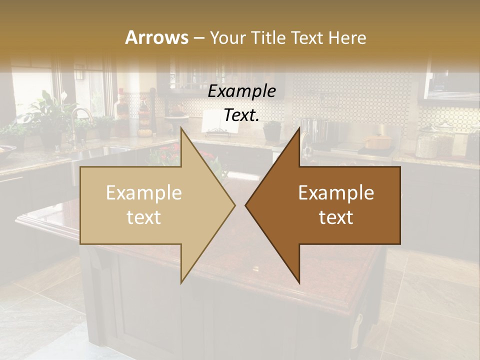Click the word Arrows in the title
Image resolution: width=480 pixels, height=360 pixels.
point(156,37)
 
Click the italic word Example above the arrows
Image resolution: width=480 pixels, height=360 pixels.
point(241,91)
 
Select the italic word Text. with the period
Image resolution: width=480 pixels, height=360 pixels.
point(241,115)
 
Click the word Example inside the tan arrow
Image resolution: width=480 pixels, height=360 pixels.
point(143,193)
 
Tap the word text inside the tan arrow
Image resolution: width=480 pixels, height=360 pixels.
point(143,217)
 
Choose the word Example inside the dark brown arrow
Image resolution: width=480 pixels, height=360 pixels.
point(336,193)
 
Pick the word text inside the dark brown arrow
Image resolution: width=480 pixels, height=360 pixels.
point(336,217)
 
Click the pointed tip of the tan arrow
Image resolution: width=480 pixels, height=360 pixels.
point(234,205)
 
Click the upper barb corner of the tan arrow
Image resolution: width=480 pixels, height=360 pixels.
point(181,128)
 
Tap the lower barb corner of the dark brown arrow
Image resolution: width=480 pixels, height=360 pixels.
point(299,283)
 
